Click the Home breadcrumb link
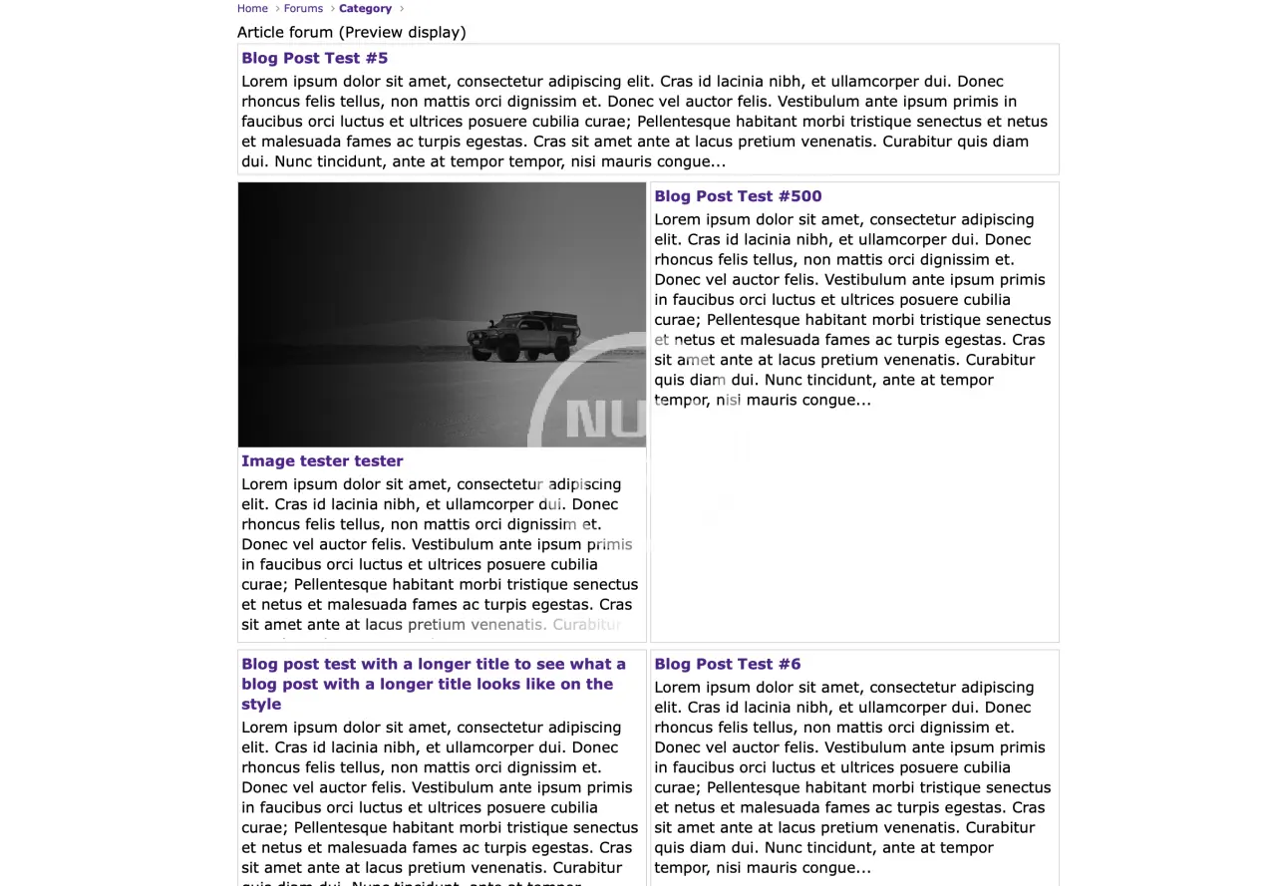pos(252,8)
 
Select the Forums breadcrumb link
pos(303,8)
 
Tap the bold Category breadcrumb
pos(365,8)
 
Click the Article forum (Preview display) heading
pos(351,32)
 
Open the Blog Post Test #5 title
pos(314,58)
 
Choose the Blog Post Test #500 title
pos(738,196)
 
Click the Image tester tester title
pos(322,460)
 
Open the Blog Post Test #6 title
pos(727,664)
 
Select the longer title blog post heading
pos(433,684)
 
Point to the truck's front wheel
pos(507,350)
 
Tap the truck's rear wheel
pos(561,349)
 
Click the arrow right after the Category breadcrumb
pos(402,9)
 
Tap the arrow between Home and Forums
pos(277,9)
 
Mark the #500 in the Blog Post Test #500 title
pos(799,196)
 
